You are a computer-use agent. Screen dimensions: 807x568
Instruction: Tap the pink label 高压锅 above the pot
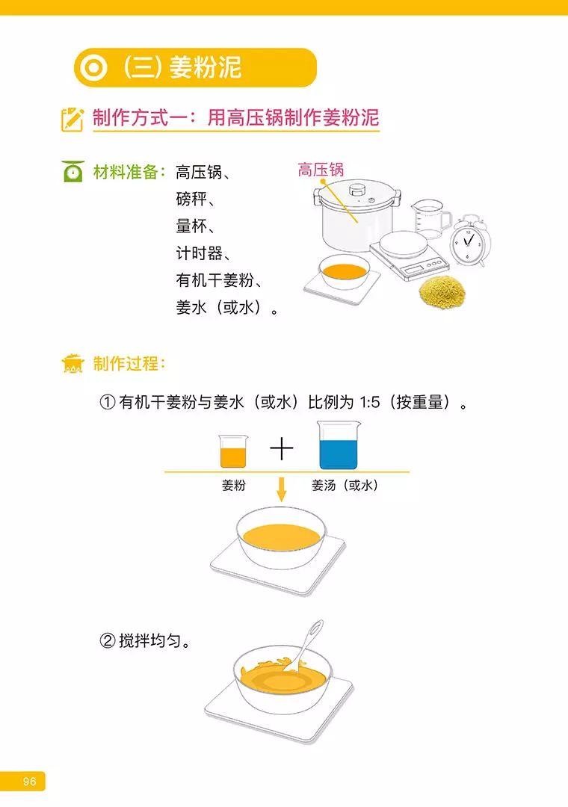point(320,170)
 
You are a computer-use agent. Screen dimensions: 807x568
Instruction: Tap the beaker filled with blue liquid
point(338,447)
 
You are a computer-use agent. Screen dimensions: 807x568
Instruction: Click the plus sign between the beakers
point(282,449)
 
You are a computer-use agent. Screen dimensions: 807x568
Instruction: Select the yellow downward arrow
point(282,490)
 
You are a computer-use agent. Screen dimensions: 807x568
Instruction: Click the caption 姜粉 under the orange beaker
point(233,486)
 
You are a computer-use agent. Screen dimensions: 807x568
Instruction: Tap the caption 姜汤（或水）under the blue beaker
point(345,486)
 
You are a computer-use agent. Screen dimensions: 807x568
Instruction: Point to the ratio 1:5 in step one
point(372,403)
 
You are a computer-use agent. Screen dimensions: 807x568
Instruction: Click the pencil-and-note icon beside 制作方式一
point(72,119)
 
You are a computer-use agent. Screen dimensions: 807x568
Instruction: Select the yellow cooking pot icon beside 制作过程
point(72,364)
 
